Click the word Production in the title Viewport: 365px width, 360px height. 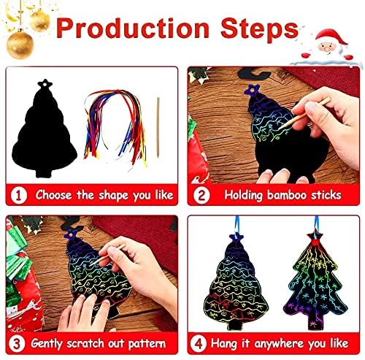click(133, 28)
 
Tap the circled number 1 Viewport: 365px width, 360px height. click(19, 195)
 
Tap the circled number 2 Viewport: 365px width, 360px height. click(201, 195)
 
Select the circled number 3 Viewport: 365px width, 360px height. click(16, 343)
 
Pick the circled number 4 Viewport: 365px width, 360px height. click(199, 343)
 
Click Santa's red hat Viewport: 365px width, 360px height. click(331, 37)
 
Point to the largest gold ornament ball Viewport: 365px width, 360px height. click(20, 45)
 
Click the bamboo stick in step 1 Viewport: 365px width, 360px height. click(158, 127)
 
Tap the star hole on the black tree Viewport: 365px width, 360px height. click(45, 83)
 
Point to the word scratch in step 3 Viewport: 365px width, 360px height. click(85, 343)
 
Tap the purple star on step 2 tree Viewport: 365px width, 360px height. click(252, 90)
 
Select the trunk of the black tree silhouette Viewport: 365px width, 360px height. click(44, 172)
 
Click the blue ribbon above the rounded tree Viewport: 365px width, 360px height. click(237, 224)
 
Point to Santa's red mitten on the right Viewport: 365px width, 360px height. click(348, 57)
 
